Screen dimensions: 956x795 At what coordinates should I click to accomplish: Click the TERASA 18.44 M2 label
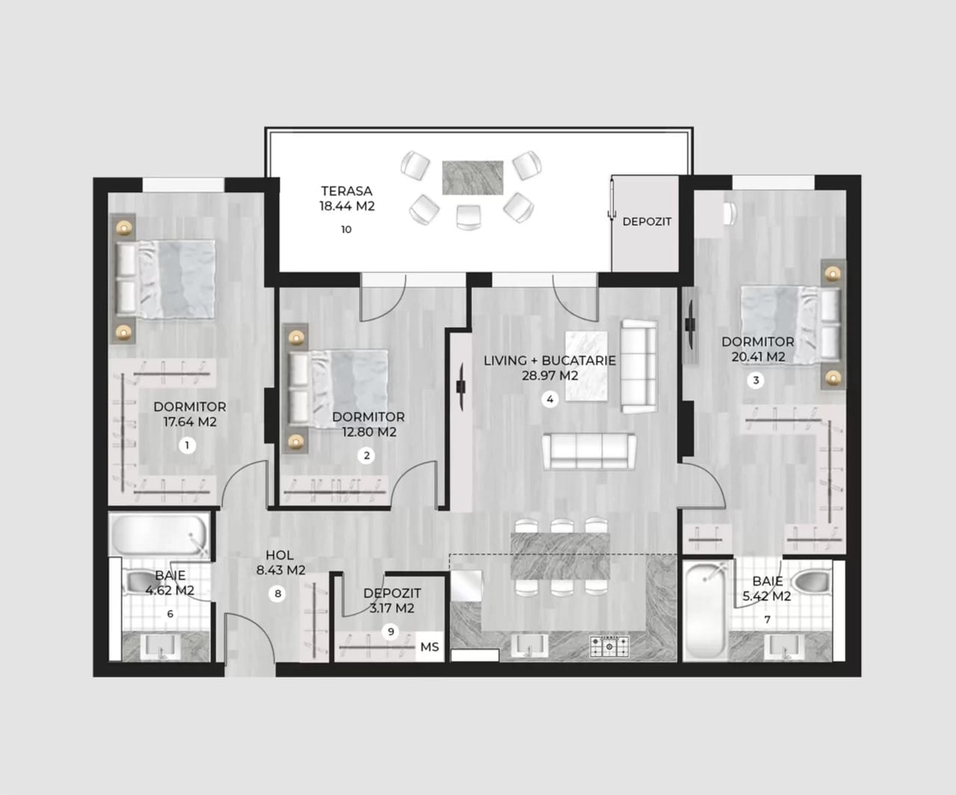pyautogui.click(x=347, y=198)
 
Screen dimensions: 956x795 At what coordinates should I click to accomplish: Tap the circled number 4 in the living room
pyautogui.click(x=550, y=399)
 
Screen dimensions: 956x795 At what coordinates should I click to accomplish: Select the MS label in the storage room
pyautogui.click(x=429, y=646)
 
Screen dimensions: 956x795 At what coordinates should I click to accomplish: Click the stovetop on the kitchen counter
pyautogui.click(x=609, y=646)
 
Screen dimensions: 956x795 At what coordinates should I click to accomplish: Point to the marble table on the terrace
pyautogui.click(x=473, y=178)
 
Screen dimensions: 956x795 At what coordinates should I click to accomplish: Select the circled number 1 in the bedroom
pyautogui.click(x=187, y=445)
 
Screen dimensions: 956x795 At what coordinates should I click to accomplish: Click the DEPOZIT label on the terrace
pyautogui.click(x=647, y=222)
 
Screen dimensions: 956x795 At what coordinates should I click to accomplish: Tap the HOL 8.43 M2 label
pyautogui.click(x=280, y=563)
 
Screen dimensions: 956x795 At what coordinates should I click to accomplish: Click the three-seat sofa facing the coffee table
pyautogui.click(x=589, y=451)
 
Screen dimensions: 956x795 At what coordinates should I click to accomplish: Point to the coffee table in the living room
pyautogui.click(x=587, y=366)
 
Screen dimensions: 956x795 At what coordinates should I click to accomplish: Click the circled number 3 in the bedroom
pyautogui.click(x=756, y=380)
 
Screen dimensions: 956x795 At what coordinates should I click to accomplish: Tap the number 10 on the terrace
pyautogui.click(x=347, y=229)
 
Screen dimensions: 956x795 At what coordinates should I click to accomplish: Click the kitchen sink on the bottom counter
pyautogui.click(x=530, y=646)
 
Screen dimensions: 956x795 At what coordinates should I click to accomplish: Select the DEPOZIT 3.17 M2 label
pyautogui.click(x=392, y=601)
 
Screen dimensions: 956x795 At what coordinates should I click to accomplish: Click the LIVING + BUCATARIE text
pyautogui.click(x=550, y=360)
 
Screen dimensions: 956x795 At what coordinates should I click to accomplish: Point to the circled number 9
pyautogui.click(x=391, y=632)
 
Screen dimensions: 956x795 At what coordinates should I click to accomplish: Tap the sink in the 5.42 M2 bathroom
pyautogui.click(x=784, y=647)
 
